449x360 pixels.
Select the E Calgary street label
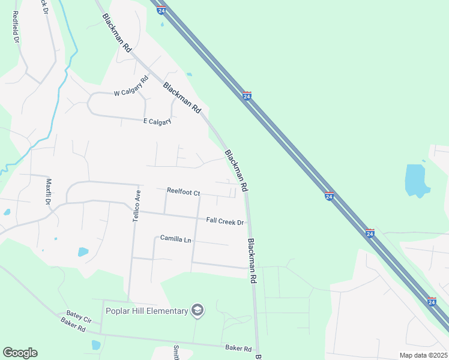point(157,121)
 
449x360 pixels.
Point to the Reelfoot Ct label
point(183,192)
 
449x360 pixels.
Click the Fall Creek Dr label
point(225,222)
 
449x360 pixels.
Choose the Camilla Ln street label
point(175,239)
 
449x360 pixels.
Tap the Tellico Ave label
point(136,206)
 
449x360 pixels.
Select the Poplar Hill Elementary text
point(146,310)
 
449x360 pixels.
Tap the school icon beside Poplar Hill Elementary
point(197,310)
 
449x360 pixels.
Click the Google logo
point(20,353)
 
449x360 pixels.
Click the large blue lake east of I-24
point(417,179)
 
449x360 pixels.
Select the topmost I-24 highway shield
point(161,10)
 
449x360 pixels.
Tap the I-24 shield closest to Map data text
point(431,302)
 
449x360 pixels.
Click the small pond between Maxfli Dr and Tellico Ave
point(83,252)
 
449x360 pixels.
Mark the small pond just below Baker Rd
point(95,345)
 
